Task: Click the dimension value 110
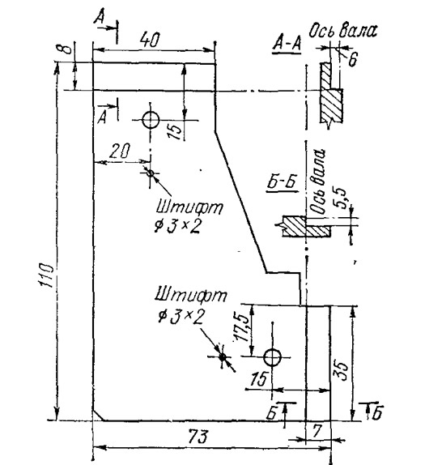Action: click(x=46, y=275)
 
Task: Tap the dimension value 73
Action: click(x=198, y=437)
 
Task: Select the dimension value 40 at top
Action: click(x=151, y=40)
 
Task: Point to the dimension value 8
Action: click(x=67, y=49)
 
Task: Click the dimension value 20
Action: click(x=120, y=151)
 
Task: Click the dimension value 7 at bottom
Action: click(x=317, y=431)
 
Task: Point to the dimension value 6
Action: click(x=353, y=59)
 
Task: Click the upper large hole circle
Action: click(x=151, y=120)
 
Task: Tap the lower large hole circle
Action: click(x=272, y=357)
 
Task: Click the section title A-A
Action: click(x=287, y=43)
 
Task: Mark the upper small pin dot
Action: click(x=151, y=173)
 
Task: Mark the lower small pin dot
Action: click(x=223, y=356)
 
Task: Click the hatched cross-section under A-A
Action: click(x=331, y=94)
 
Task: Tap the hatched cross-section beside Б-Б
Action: click(x=306, y=226)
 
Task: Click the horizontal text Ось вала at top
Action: click(x=343, y=31)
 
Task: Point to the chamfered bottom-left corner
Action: click(x=98, y=415)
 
